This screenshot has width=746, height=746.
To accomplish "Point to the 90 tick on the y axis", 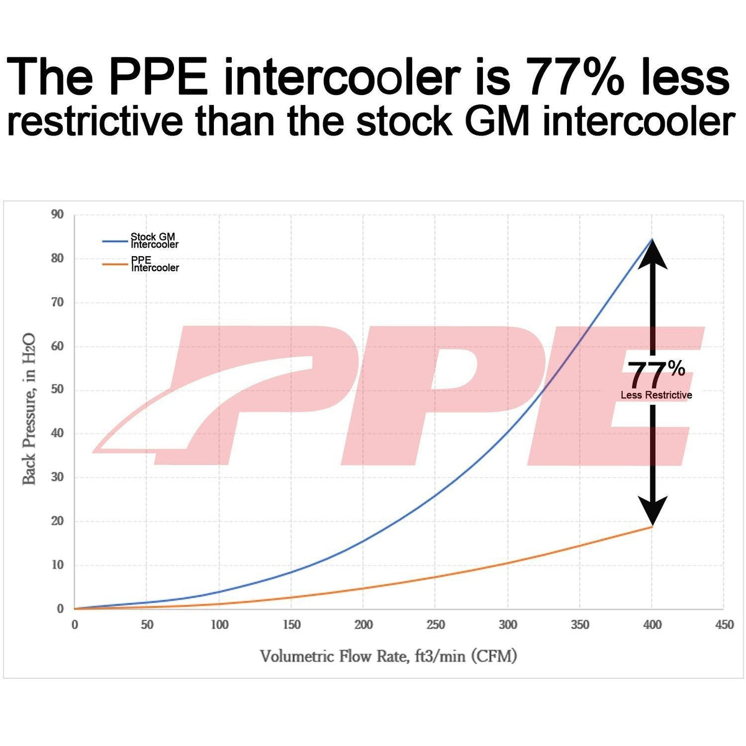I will point(57,214).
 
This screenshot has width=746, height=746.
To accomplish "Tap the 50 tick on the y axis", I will point(57,390).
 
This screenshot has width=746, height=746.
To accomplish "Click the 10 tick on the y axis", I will point(57,566).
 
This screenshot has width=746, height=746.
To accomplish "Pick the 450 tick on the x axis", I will point(724,625).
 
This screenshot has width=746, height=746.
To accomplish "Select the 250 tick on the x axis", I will point(435,625).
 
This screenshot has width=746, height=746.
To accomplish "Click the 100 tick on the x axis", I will point(219,625).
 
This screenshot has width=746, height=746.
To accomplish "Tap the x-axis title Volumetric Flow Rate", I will point(389,656).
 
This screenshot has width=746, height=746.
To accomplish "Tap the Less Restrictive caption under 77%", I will point(656,395).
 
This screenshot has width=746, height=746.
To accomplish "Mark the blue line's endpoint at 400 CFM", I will point(652,239).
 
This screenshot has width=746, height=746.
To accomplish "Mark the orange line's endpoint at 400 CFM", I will point(652,527).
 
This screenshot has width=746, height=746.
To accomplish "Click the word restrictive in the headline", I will point(95,122).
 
